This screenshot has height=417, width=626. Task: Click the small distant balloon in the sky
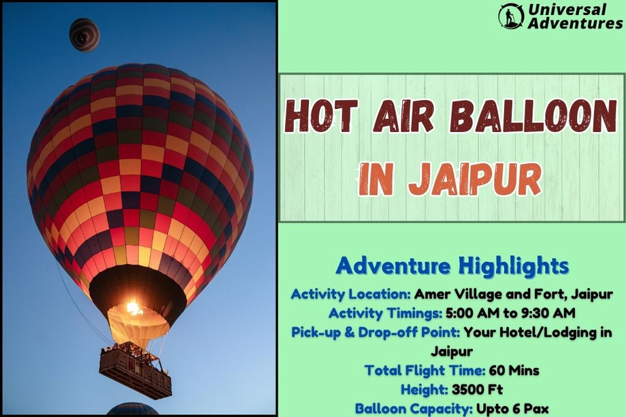tap(84, 34)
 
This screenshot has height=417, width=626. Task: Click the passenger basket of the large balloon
tap(135, 371)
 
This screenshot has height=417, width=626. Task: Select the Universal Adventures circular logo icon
tap(511, 16)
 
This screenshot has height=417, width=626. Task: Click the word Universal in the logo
tap(567, 10)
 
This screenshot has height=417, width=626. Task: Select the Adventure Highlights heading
tap(452, 265)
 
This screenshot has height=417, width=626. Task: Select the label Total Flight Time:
tap(425, 371)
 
